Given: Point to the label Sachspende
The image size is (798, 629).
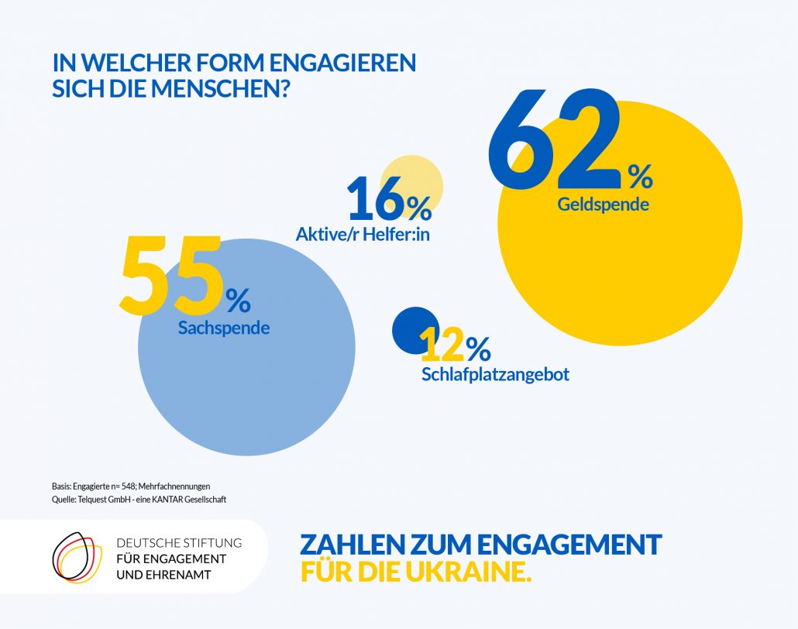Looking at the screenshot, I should point(224,328).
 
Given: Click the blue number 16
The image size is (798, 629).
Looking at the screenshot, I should point(375,200).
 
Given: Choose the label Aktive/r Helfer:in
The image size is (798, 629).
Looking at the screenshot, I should point(363,233).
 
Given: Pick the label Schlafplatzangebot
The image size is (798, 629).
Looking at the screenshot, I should point(496,375).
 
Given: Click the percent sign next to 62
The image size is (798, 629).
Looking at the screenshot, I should point(640,178).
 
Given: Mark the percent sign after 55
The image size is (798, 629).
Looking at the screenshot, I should point(238,297).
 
